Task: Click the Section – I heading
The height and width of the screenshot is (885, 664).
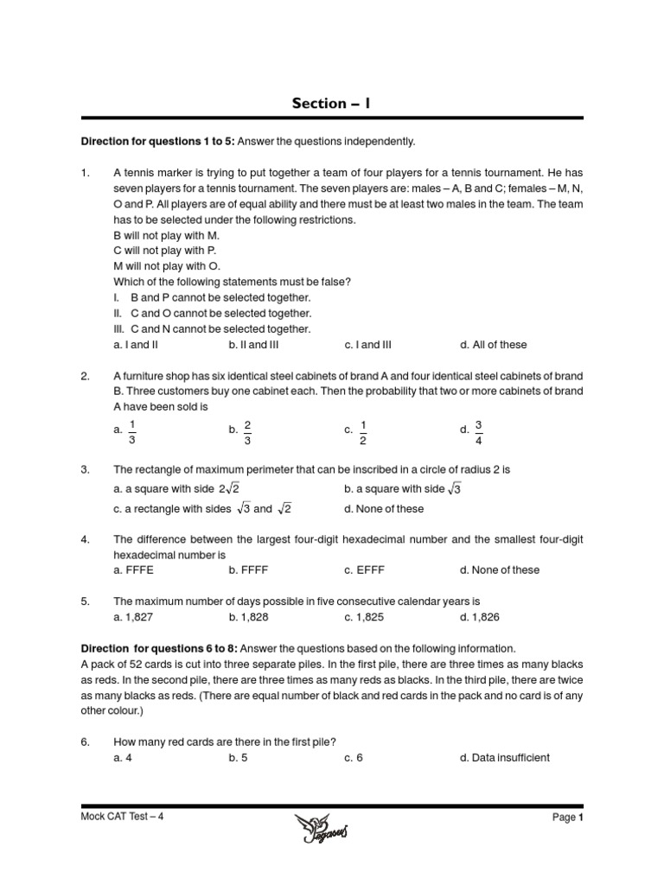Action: (x=332, y=103)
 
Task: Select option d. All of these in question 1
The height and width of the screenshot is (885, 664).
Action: (x=493, y=345)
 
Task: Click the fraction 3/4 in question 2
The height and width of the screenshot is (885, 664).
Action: (x=478, y=430)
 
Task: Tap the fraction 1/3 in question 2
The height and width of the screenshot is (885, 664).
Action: (x=131, y=430)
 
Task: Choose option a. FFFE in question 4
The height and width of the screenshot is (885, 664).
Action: (x=133, y=570)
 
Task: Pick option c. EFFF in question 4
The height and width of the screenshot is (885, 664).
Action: (x=362, y=570)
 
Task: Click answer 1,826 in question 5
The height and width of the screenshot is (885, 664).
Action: (x=480, y=617)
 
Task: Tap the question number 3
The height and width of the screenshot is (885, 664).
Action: (x=85, y=469)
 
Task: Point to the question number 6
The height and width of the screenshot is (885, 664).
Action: (x=85, y=742)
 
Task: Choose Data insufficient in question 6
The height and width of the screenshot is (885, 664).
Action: (x=505, y=758)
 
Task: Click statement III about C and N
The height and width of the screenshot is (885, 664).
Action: (x=212, y=328)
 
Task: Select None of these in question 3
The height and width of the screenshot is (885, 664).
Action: (x=384, y=509)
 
